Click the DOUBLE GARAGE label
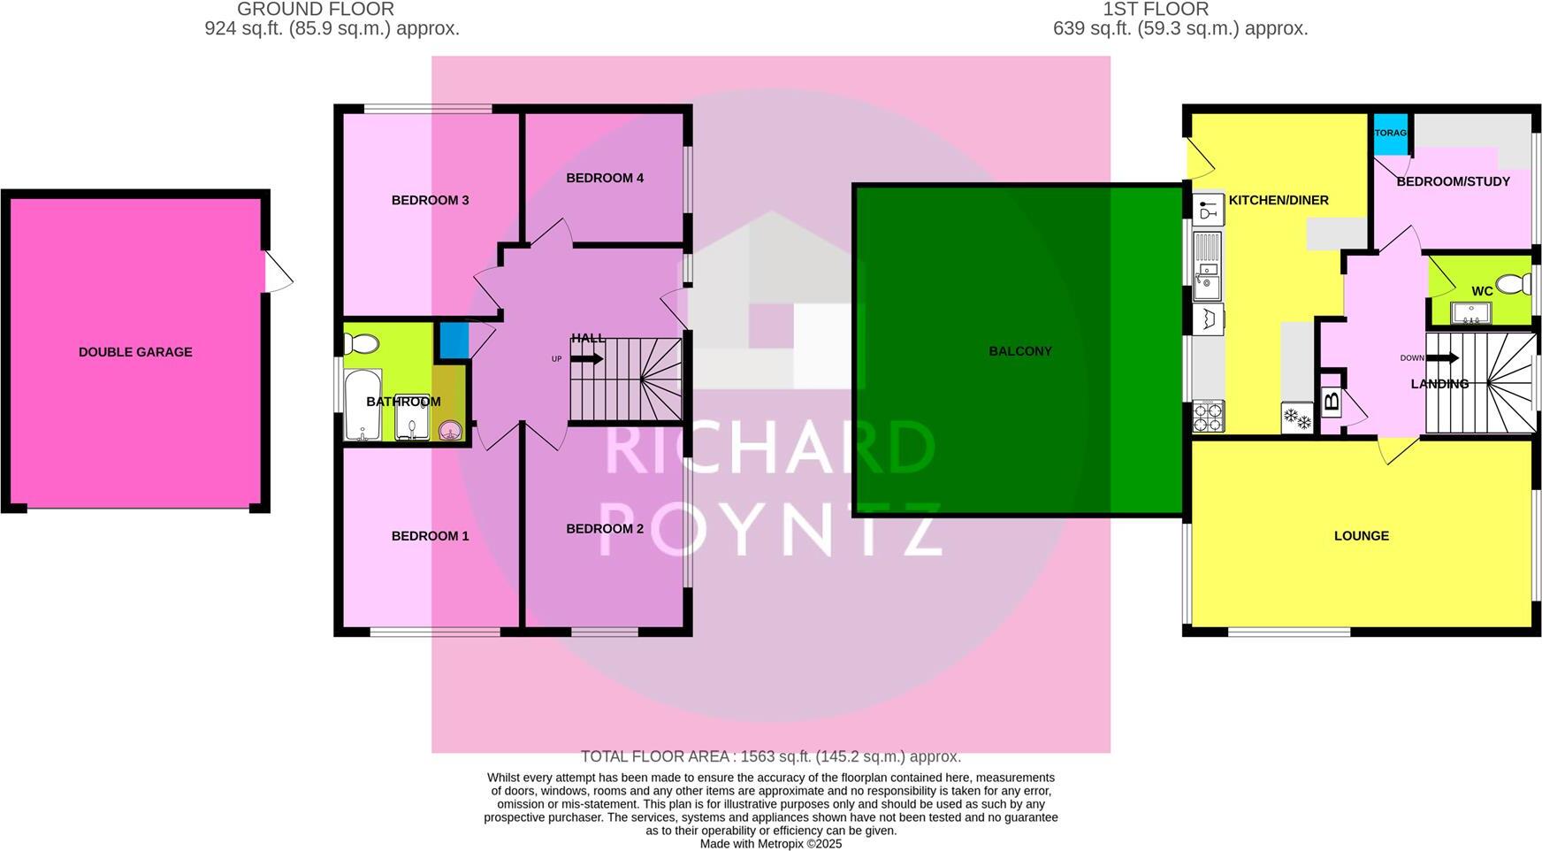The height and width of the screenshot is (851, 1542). tap(135, 352)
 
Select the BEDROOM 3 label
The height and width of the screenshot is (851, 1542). tap(430, 200)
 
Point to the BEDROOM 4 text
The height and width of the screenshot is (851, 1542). tap(605, 178)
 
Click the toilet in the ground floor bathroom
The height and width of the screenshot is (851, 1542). tap(361, 342)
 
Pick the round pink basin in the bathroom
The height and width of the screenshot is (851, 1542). tap(452, 431)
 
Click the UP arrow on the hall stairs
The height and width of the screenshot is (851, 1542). tap(586, 359)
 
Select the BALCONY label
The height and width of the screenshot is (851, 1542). tap(1020, 351)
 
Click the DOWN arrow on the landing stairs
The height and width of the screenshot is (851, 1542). tap(1442, 357)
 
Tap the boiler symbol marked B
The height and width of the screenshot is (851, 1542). tap(1332, 403)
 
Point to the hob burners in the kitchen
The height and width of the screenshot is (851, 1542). tap(1208, 417)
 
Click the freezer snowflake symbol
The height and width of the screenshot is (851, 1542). tap(1297, 418)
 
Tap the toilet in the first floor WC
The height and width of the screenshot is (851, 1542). tap(1519, 284)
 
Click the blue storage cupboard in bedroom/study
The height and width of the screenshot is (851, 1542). tap(1390, 134)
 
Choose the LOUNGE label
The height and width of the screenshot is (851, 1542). tap(1361, 536)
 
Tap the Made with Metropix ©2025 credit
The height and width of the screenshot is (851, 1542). tap(771, 844)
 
